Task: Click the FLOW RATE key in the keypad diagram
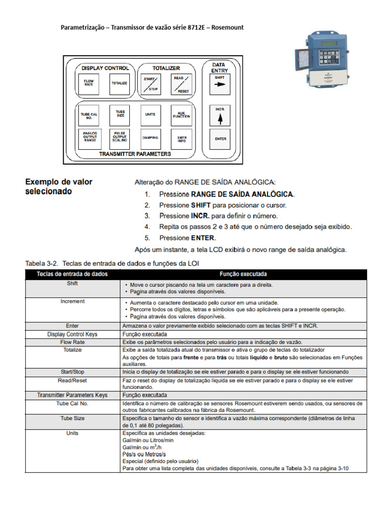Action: point(89,83)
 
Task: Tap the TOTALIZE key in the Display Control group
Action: point(119,83)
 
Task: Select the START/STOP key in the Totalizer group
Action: point(150,84)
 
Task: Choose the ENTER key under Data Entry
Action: point(220,139)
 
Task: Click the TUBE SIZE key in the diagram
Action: point(120,115)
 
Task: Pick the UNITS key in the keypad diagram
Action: point(150,115)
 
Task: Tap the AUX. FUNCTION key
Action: point(181,115)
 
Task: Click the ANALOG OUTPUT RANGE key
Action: point(89,139)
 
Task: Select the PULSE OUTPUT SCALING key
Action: point(120,139)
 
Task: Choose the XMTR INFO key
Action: point(181,139)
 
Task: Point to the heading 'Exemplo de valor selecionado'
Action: point(59,187)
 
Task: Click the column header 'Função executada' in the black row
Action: point(243,274)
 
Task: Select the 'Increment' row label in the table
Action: point(73,301)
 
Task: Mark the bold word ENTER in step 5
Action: point(202,238)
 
